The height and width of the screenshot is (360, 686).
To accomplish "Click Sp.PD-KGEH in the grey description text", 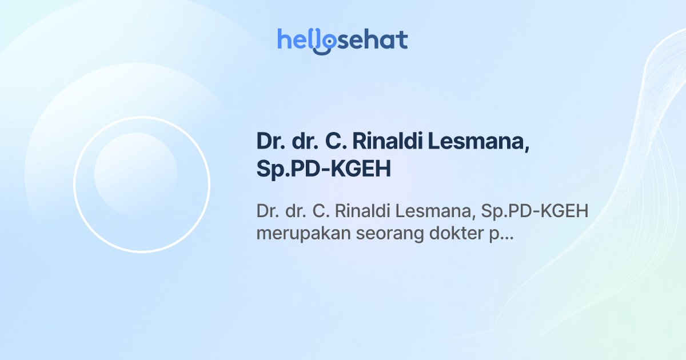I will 535,211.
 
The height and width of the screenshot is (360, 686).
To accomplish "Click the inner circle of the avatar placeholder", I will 135,174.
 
